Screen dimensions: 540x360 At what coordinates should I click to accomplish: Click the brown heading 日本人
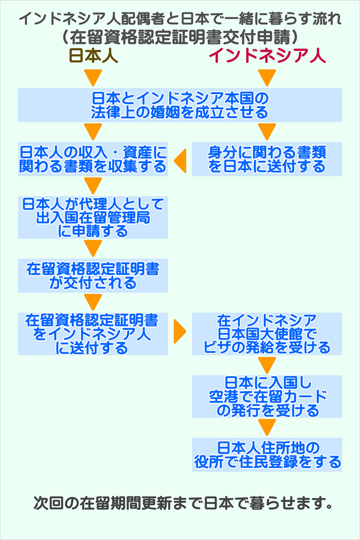pos(93,56)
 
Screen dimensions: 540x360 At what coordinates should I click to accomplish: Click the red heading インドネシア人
pos(267,56)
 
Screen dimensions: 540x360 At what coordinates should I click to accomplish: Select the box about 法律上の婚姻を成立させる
pos(179,105)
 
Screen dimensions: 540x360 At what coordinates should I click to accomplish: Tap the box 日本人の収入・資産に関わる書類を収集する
pos(92,159)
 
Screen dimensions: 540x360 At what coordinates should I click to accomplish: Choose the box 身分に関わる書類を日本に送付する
pos(267,159)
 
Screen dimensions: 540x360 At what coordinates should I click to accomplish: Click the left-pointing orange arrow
pos(179,159)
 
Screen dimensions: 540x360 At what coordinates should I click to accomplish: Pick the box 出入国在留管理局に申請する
pos(92,217)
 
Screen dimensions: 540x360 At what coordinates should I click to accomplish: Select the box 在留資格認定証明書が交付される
pos(92,275)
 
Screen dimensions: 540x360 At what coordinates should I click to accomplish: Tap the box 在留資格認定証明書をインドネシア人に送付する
pos(92,333)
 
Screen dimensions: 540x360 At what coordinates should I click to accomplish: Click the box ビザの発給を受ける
pos(267,333)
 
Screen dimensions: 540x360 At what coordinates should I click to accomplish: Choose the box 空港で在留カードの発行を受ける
pos(267,396)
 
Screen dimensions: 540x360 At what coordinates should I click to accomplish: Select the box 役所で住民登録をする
pos(267,454)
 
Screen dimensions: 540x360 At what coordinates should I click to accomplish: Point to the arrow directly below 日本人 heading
pos(93,78)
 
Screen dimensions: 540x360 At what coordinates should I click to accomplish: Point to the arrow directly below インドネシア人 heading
pos(267,78)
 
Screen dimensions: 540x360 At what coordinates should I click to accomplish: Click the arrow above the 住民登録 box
pos(267,427)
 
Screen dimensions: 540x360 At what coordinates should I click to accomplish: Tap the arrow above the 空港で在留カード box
pos(267,365)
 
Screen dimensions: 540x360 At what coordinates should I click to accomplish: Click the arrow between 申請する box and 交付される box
pos(93,248)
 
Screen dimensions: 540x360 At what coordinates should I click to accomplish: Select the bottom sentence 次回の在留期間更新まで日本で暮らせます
pos(183,502)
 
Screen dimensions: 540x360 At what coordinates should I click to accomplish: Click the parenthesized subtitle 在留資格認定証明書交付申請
pos(180,36)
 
